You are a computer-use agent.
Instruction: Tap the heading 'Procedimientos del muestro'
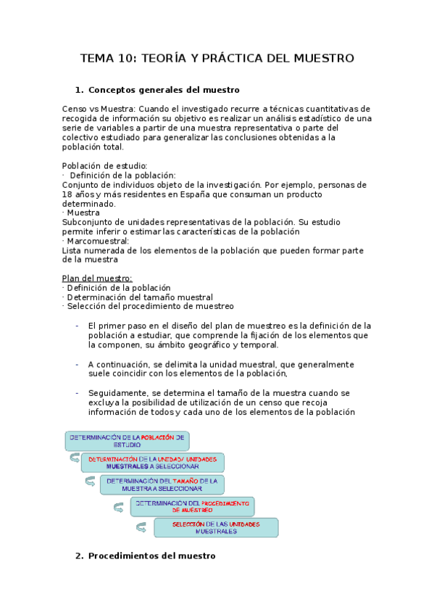coord(151,556)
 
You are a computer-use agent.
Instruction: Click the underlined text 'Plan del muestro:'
coord(97,278)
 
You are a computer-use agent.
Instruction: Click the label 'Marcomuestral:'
coord(97,241)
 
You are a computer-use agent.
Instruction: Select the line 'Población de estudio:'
coord(105,165)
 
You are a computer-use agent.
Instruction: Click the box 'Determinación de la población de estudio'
coord(127,441)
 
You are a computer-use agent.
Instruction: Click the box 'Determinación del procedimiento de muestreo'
coord(192,506)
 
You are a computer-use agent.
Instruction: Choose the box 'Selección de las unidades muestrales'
coord(216,527)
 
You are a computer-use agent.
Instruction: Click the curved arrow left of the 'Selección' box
coord(141,527)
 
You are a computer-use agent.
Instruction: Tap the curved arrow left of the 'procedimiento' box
coord(117,505)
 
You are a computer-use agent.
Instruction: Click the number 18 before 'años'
coord(67,194)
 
